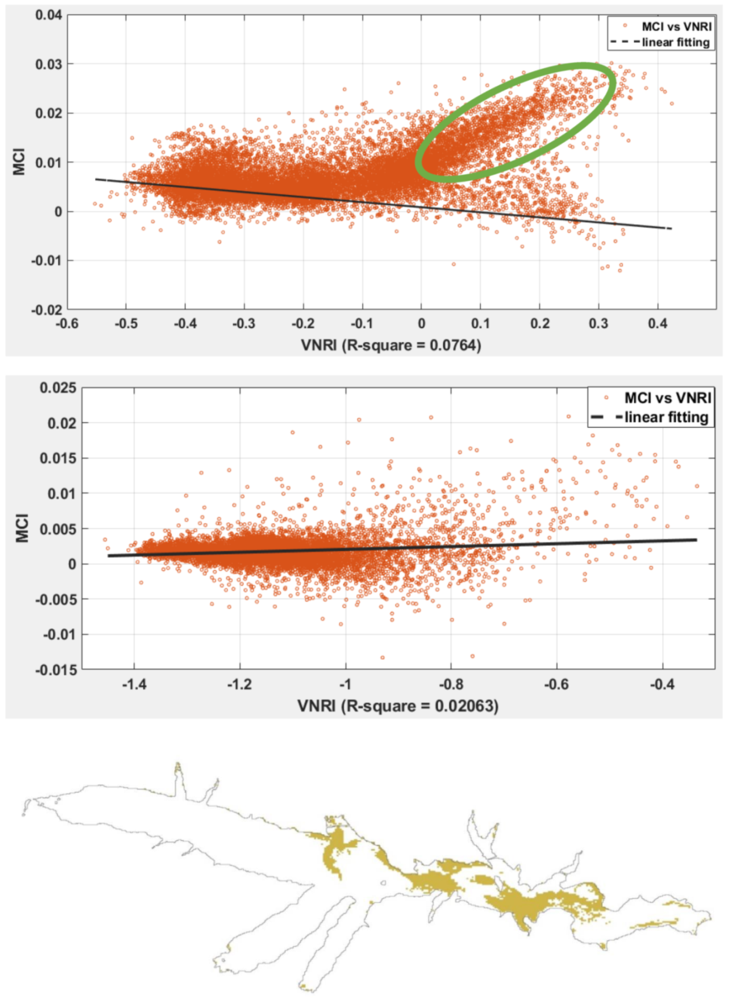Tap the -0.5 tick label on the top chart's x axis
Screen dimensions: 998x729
click(126, 323)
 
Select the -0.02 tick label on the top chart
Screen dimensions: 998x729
click(47, 310)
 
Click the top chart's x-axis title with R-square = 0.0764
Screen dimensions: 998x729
click(391, 345)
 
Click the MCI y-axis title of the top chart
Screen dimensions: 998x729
click(19, 161)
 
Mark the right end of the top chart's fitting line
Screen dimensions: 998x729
click(671, 228)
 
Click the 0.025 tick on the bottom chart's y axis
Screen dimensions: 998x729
click(58, 388)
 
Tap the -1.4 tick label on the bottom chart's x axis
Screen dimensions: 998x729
click(134, 684)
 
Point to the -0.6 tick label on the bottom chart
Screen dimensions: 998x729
click(556, 684)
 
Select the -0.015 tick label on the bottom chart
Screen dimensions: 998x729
click(56, 670)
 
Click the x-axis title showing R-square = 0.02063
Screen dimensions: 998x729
click(397, 705)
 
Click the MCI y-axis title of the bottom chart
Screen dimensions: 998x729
click(22, 528)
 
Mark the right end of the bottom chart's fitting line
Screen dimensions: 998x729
click(697, 540)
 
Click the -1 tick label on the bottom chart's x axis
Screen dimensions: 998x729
click(345, 684)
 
